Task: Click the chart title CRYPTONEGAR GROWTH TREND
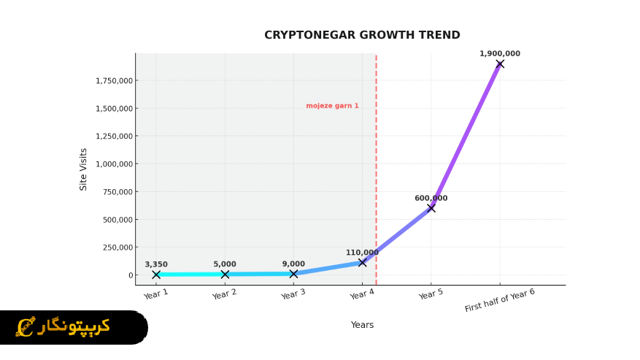tap(362, 35)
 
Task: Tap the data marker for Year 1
tap(156, 275)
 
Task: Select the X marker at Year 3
tap(293, 274)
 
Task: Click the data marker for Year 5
tap(431, 208)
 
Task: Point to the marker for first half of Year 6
tap(500, 64)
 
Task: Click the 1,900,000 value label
tap(500, 53)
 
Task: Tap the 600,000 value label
tap(431, 198)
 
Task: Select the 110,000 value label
tap(362, 253)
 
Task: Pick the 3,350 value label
tap(156, 264)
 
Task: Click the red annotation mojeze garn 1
tap(332, 106)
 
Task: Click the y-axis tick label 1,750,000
tap(114, 80)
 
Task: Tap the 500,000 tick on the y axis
tap(117, 220)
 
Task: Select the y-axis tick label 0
tap(131, 275)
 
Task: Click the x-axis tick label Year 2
tap(224, 294)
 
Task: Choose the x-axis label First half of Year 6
tap(499, 300)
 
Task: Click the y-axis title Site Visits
tap(83, 169)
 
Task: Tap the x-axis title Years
tap(362, 325)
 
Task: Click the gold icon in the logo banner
tap(26, 326)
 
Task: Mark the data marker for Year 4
tap(363, 262)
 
